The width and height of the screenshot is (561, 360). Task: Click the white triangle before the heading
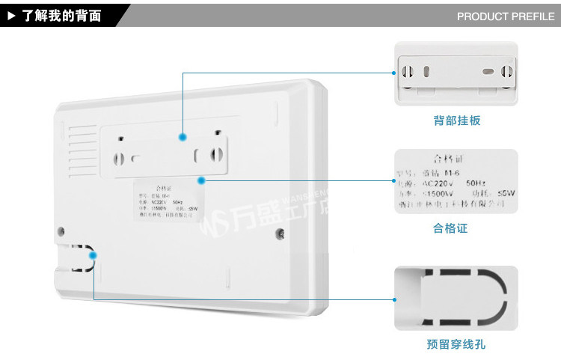pos(11,15)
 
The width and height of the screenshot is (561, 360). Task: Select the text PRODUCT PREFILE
pos(506,16)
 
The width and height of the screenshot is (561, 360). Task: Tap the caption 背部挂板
pos(456,120)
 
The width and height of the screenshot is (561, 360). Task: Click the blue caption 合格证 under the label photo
pos(450,228)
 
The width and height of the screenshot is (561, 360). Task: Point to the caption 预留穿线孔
pos(456,344)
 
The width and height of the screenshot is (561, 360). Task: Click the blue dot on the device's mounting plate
pos(182,137)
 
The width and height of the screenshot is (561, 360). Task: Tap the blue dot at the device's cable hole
pos(93,256)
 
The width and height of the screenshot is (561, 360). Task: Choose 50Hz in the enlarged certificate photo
pos(479,182)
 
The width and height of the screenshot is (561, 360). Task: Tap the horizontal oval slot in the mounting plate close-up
pos(488,73)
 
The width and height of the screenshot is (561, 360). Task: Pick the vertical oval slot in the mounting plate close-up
pos(426,73)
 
